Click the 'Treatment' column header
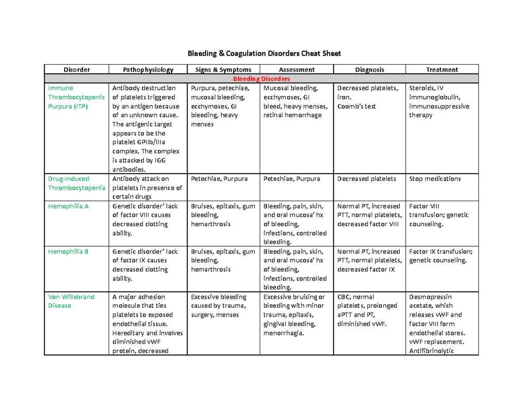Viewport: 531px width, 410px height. point(442,69)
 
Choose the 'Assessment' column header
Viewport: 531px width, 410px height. point(296,69)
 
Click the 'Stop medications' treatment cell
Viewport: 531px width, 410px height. point(435,179)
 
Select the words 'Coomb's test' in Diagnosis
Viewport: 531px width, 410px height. point(356,106)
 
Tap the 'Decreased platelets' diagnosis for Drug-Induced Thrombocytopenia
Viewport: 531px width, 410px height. point(366,179)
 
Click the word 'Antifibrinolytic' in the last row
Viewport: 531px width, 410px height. point(435,351)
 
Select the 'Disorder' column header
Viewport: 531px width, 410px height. point(77,69)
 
